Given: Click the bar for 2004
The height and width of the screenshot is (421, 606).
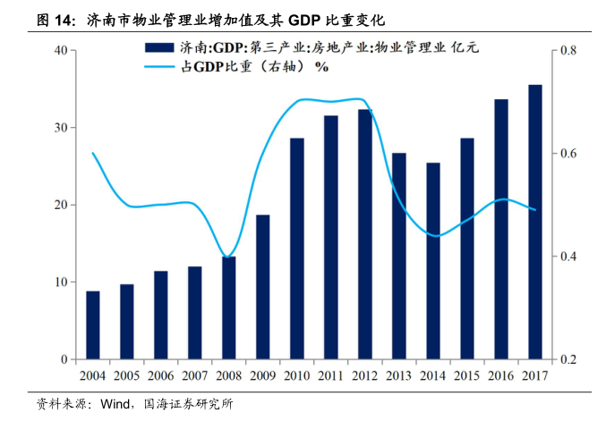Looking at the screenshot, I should [x=93, y=325].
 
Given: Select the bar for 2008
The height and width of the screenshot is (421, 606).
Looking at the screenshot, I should [x=229, y=308].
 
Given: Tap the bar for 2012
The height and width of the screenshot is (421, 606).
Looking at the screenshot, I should [x=365, y=234].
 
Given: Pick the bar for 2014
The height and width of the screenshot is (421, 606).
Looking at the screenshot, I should [x=433, y=261].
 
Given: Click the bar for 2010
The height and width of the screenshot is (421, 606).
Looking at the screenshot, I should [x=297, y=248].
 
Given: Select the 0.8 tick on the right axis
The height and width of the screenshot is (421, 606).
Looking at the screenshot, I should [x=567, y=51].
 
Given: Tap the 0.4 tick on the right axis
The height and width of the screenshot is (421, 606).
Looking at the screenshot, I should [x=567, y=257].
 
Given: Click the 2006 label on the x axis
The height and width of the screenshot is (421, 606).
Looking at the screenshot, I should [x=161, y=375].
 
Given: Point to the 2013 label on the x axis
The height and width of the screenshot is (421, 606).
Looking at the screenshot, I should [x=399, y=375].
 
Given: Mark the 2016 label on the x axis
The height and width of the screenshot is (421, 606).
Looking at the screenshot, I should [x=501, y=375].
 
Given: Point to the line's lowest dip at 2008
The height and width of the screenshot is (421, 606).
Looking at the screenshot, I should [x=229, y=257].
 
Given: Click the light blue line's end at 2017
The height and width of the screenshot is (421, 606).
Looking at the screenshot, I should [x=535, y=210].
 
